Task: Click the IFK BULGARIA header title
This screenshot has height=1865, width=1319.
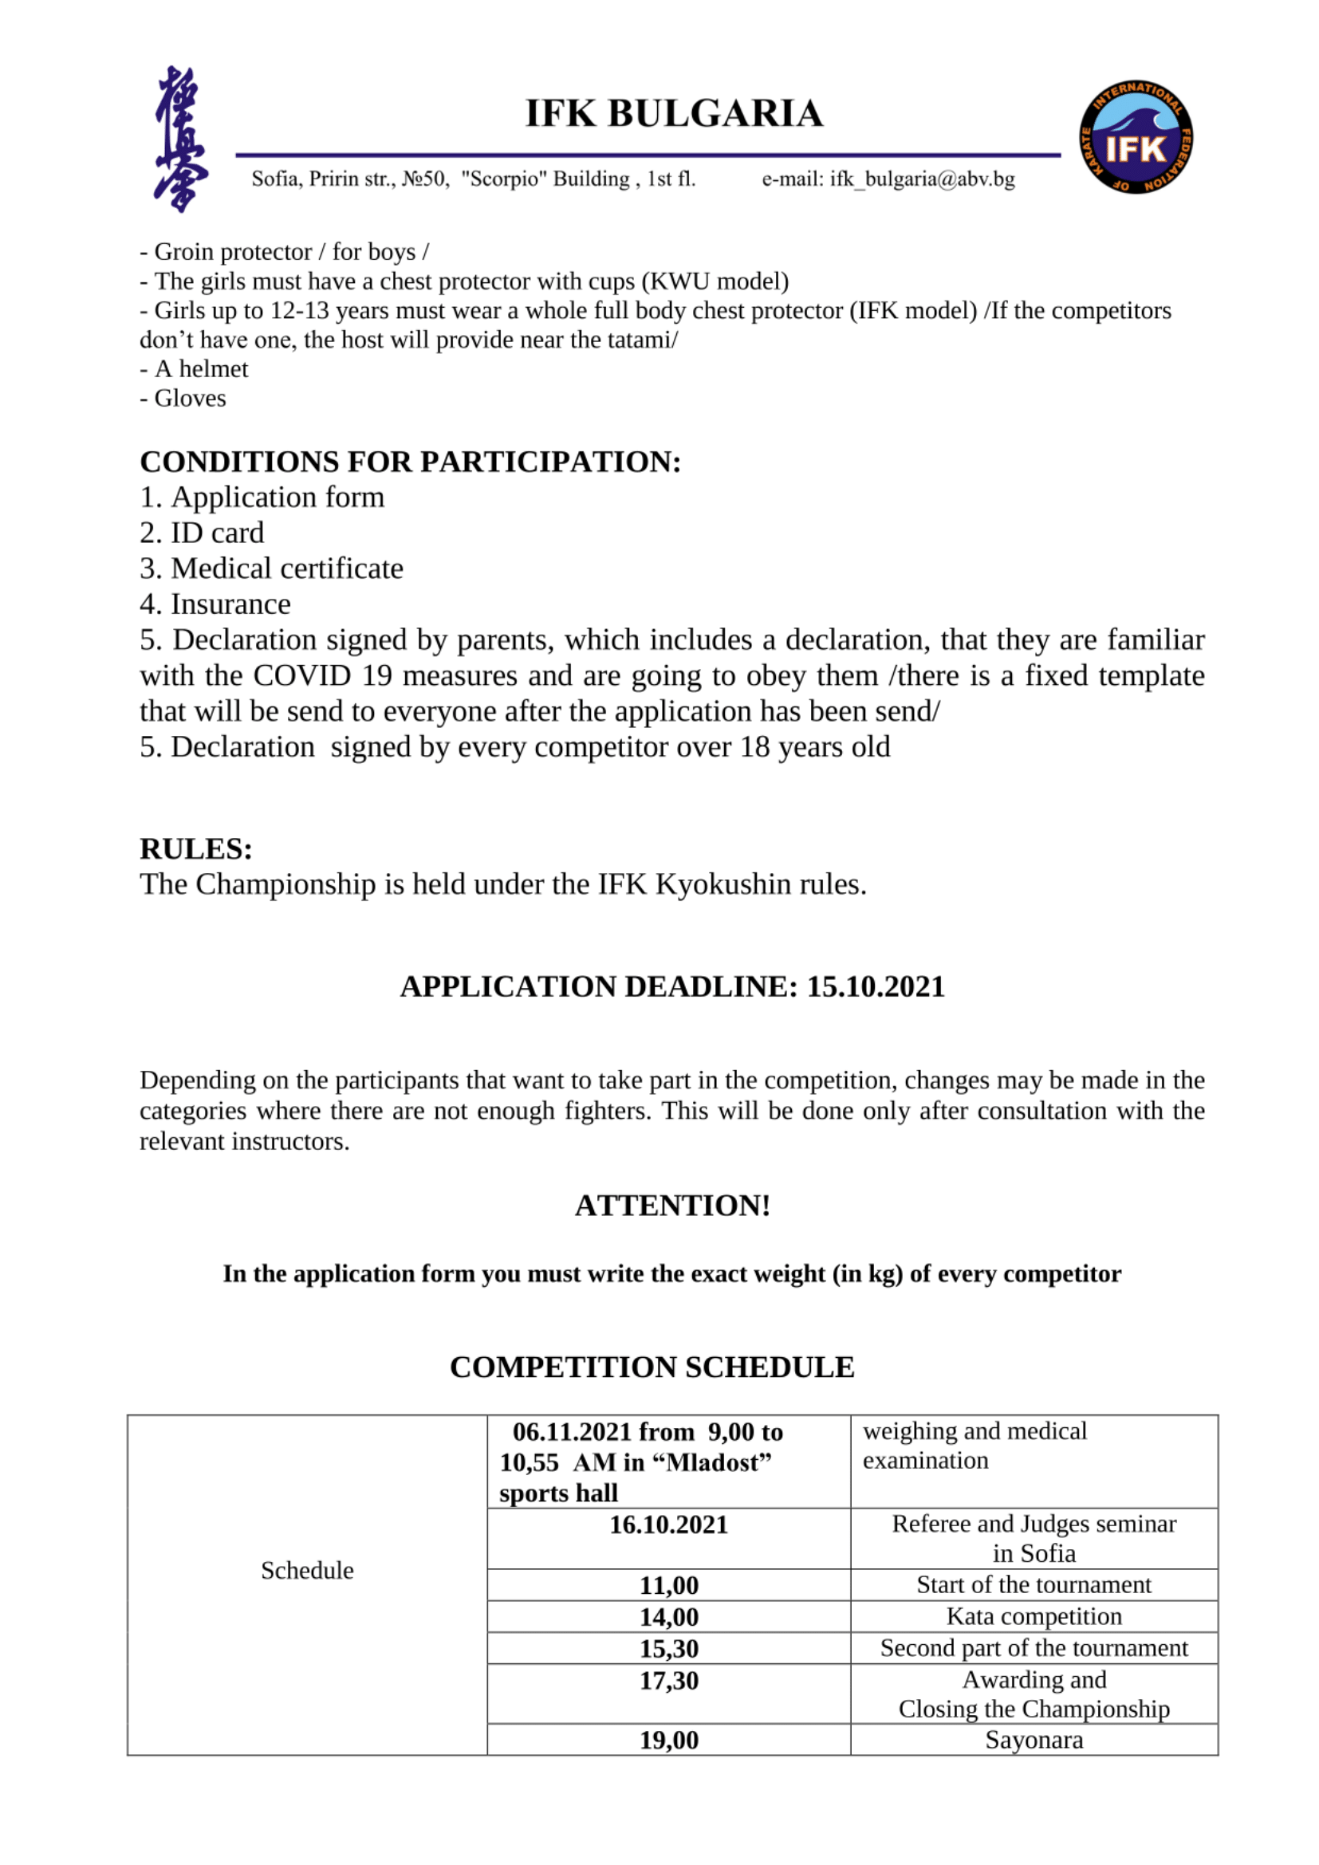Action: coord(673,114)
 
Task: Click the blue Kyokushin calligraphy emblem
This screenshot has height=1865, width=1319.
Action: coord(179,139)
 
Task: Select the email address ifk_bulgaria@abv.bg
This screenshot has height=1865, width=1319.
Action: coord(922,179)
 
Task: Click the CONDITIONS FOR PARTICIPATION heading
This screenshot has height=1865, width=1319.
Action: coord(410,462)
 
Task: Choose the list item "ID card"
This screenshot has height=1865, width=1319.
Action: coord(217,533)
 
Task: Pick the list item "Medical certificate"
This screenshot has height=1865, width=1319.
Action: coord(286,569)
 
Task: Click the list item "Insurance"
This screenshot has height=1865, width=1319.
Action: coord(230,604)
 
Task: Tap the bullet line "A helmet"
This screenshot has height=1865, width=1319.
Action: coord(201,369)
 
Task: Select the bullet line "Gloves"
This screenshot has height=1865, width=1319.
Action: coord(189,398)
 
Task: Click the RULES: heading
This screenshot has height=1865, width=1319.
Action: coord(195,849)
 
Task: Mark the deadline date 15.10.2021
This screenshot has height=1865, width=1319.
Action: coord(876,987)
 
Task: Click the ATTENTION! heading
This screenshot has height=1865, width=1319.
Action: coord(672,1206)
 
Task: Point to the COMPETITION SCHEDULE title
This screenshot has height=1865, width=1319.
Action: coord(652,1367)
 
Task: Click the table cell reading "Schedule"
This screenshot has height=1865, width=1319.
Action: coord(307,1570)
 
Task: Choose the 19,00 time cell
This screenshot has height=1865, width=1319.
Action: coord(668,1740)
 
